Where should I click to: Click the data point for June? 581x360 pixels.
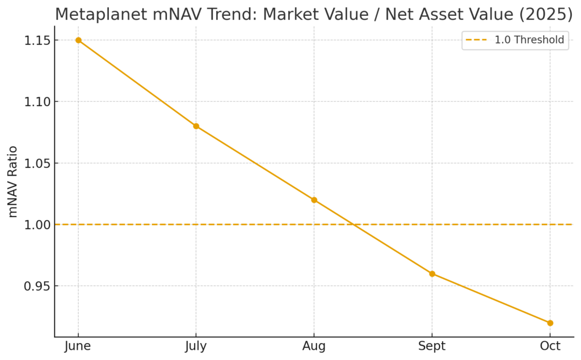(x=78, y=40)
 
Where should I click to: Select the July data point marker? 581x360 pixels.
(x=196, y=126)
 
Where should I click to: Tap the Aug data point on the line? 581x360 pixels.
(x=314, y=200)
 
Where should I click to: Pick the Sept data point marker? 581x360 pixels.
(x=432, y=274)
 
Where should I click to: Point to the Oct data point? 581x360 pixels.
(x=550, y=323)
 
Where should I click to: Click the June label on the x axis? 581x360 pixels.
(x=78, y=346)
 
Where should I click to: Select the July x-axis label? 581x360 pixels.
(x=196, y=346)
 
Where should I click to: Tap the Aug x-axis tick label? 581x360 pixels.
(x=314, y=346)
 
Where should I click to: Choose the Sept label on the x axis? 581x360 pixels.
(x=432, y=346)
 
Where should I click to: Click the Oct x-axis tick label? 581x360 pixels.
(x=550, y=346)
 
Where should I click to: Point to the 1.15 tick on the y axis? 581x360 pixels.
(x=36, y=41)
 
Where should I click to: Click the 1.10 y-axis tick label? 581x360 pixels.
(x=36, y=102)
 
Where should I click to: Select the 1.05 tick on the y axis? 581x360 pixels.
(x=36, y=163)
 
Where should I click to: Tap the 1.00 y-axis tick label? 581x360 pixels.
(x=36, y=225)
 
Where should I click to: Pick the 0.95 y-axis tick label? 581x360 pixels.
(x=36, y=286)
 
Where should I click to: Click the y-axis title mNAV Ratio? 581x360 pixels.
(x=12, y=181)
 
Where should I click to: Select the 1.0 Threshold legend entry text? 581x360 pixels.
(x=529, y=40)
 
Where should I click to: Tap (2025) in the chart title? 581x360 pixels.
(x=546, y=14)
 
